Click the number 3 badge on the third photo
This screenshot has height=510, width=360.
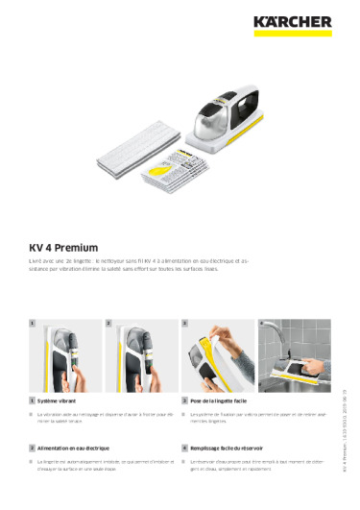point(184,325)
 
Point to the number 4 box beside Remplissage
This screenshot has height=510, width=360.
point(183,448)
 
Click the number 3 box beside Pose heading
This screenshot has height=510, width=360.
point(183,398)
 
